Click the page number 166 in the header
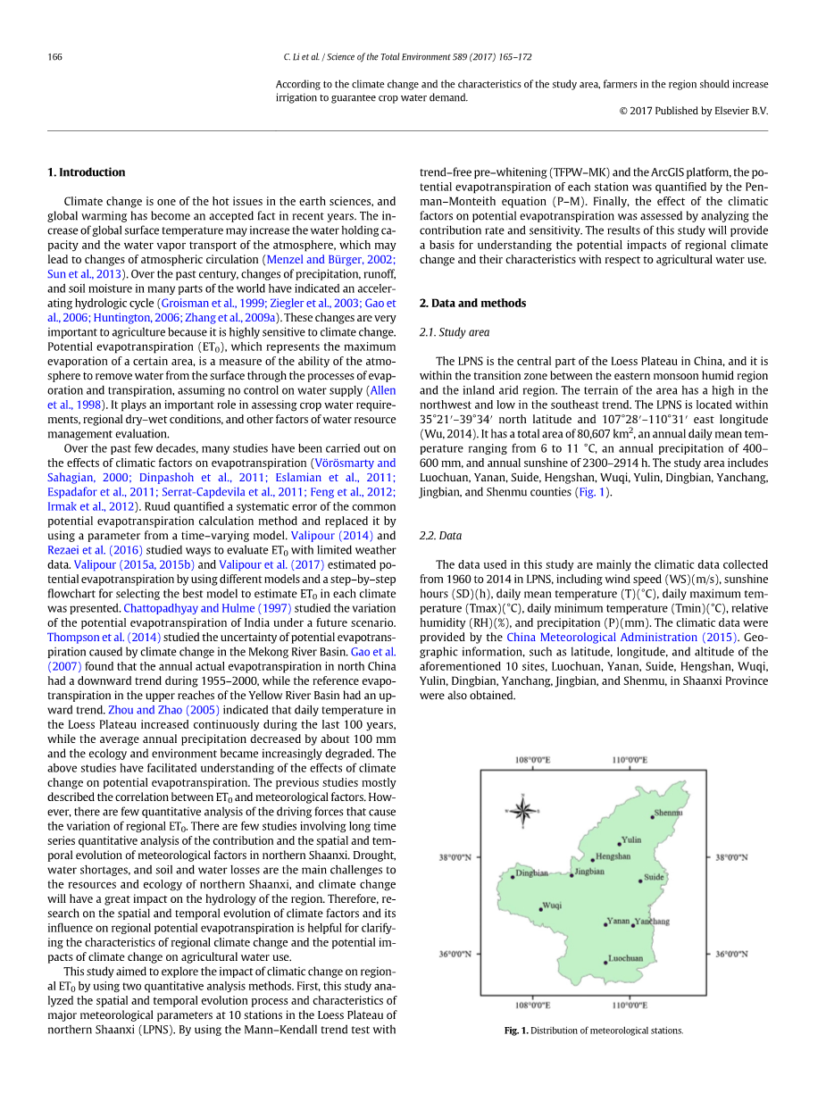(x=54, y=57)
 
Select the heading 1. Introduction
(x=86, y=172)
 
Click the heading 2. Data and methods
(x=472, y=303)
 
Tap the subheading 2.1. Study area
(x=454, y=332)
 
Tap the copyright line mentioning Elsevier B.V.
(x=693, y=112)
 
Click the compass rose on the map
(x=523, y=811)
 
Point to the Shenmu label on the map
(x=668, y=814)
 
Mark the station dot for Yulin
(x=620, y=843)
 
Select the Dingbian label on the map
(x=532, y=872)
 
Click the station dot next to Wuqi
(x=541, y=909)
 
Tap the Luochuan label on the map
(x=625, y=959)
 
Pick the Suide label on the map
(x=655, y=877)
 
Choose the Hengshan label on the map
(x=613, y=856)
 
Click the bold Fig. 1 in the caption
(x=515, y=1031)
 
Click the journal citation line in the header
(x=407, y=57)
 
